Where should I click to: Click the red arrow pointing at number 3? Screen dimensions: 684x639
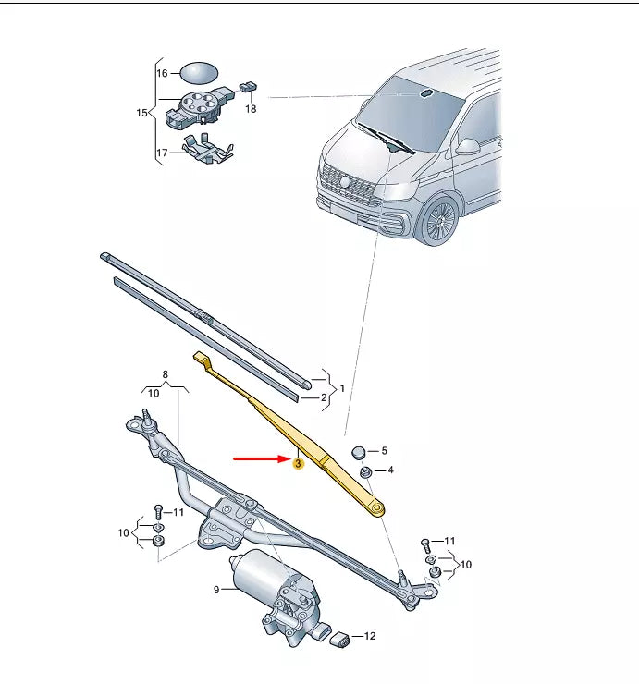259,458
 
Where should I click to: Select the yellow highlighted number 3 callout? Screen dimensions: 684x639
298,464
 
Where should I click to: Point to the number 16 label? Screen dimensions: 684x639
162,72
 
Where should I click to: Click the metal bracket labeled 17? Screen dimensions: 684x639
206,148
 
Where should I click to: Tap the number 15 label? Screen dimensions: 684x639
141,113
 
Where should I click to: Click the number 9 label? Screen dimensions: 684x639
216,589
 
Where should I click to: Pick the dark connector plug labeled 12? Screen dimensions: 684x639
339,638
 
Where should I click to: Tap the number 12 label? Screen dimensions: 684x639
370,637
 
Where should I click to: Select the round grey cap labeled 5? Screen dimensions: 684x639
361,451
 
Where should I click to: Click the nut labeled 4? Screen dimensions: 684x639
365,472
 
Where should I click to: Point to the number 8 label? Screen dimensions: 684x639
165,374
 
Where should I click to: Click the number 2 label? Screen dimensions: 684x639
324,398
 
